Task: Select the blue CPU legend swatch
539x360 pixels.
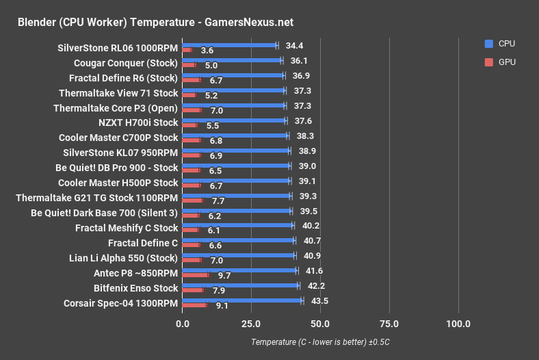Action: pyautogui.click(x=488, y=43)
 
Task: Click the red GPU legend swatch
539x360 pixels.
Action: pyautogui.click(x=488, y=62)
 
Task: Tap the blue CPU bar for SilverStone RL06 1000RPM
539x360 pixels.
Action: pyautogui.click(x=229, y=45)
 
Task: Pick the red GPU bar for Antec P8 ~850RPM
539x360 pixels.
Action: pyautogui.click(x=196, y=274)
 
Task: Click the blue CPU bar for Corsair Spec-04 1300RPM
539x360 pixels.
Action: pyautogui.click(x=242, y=300)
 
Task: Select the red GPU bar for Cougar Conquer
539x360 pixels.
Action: pyautogui.click(x=189, y=65)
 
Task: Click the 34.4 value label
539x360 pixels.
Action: pyautogui.click(x=294, y=46)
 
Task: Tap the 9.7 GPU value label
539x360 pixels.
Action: pyautogui.click(x=224, y=275)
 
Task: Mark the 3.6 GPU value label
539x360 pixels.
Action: pyautogui.click(x=207, y=51)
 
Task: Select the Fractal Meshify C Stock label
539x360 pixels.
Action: pyautogui.click(x=127, y=228)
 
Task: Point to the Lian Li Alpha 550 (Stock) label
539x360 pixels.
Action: pyautogui.click(x=123, y=258)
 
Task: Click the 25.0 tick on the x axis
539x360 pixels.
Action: pyautogui.click(x=251, y=324)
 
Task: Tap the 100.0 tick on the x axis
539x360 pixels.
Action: pyautogui.click(x=458, y=324)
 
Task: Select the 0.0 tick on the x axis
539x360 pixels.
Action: pyautogui.click(x=182, y=324)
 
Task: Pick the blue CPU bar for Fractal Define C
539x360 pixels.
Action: pyautogui.click(x=238, y=240)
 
